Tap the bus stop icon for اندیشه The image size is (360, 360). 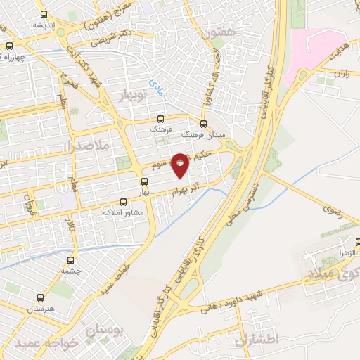point(44,14)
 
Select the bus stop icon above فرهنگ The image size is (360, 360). point(160,119)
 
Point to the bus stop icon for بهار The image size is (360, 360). point(144,181)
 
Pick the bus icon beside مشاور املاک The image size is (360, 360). point(123,201)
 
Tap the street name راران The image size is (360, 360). point(341,72)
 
